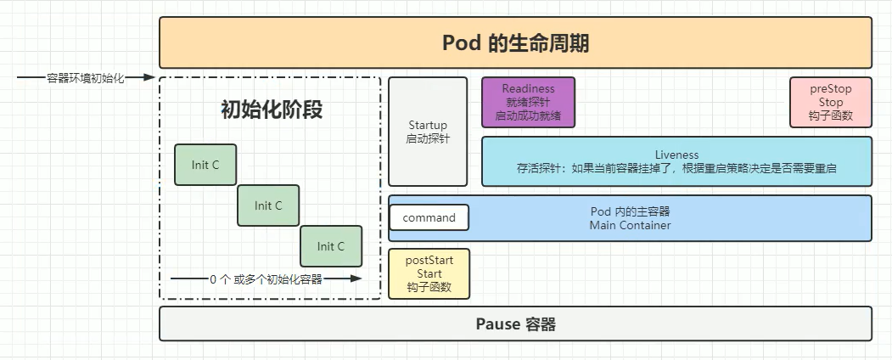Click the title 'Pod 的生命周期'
point(515,43)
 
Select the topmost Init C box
point(205,165)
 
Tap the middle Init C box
point(268,205)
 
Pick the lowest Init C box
point(331,246)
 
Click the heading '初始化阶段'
point(272,110)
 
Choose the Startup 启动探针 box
point(428,132)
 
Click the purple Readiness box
point(529,103)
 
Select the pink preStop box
point(831,103)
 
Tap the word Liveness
point(677,155)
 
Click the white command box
point(429,218)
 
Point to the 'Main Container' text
point(631,225)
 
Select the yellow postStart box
point(429,273)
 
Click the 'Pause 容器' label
point(515,324)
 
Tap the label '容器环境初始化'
point(86,78)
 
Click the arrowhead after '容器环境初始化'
point(149,77)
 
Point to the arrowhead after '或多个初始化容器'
point(356,278)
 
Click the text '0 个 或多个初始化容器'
point(266,279)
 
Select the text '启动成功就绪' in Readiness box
point(529,116)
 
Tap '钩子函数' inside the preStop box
point(831,116)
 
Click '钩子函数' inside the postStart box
point(429,287)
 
